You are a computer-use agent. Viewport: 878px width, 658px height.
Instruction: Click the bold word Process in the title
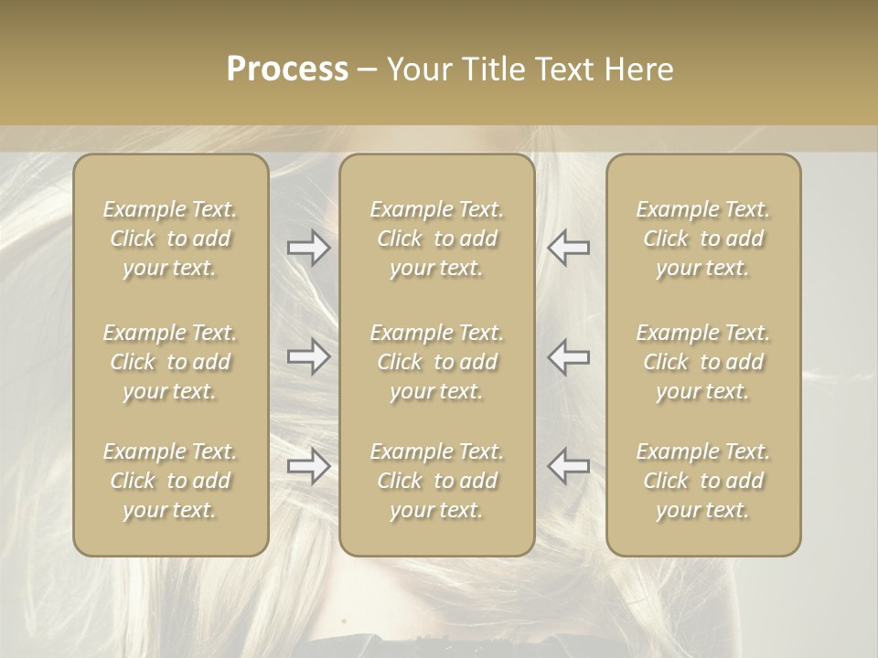(x=287, y=69)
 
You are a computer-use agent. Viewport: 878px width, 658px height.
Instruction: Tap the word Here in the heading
(x=638, y=69)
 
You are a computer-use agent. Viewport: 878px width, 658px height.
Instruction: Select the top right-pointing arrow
(x=309, y=248)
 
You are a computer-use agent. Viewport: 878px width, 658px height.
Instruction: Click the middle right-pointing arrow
(x=309, y=356)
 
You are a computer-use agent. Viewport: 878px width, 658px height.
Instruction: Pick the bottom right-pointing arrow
(x=309, y=466)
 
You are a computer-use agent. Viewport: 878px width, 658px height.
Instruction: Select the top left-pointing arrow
(x=568, y=248)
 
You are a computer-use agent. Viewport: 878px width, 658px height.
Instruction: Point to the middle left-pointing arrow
(x=568, y=356)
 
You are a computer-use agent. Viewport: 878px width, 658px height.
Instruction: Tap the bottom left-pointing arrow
(x=568, y=466)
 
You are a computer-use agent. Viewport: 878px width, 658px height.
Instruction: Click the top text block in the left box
(x=170, y=239)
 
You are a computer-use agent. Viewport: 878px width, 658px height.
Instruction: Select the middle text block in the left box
(x=170, y=362)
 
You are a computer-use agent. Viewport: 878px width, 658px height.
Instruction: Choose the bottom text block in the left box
(x=170, y=481)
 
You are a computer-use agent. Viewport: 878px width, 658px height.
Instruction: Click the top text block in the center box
(x=437, y=239)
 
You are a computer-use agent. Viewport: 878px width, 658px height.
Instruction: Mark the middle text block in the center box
(x=437, y=362)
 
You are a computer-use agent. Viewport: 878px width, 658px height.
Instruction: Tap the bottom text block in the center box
(x=437, y=481)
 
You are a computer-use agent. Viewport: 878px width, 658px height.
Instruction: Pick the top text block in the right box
(x=703, y=239)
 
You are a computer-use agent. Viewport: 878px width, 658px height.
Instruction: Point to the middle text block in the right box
(x=703, y=362)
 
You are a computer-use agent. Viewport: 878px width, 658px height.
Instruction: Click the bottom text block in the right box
(x=703, y=481)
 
